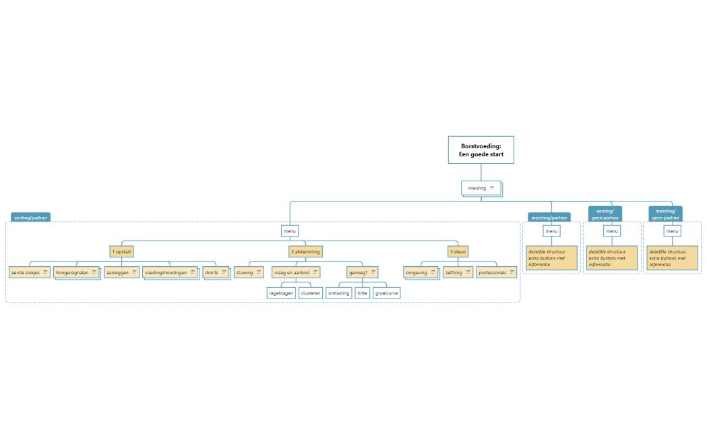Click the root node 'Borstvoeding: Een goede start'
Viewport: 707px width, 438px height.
tap(481, 150)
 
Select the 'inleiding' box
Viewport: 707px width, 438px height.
tap(481, 188)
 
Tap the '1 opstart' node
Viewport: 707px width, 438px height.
tap(122, 251)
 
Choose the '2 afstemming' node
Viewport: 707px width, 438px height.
tap(305, 251)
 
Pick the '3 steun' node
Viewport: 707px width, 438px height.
tap(458, 251)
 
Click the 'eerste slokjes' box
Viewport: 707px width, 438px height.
tap(30, 272)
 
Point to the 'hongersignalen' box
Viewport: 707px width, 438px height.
tap(76, 272)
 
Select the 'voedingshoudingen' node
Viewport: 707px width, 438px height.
tap(170, 272)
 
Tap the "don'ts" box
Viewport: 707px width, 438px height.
tap(216, 272)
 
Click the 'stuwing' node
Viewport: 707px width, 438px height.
tap(249, 272)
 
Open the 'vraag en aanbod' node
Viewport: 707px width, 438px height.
tap(296, 272)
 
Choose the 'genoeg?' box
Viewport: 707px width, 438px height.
tap(362, 272)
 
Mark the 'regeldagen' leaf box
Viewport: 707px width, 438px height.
tap(281, 293)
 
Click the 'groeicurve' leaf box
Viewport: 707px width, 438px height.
tap(387, 293)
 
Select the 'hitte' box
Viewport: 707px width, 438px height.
tap(362, 293)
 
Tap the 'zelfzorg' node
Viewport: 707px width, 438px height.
tap(458, 272)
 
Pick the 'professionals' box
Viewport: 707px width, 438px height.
tap(497, 272)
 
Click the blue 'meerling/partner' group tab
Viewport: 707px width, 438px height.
tap(549, 218)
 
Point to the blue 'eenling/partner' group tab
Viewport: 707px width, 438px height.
tap(30, 218)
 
